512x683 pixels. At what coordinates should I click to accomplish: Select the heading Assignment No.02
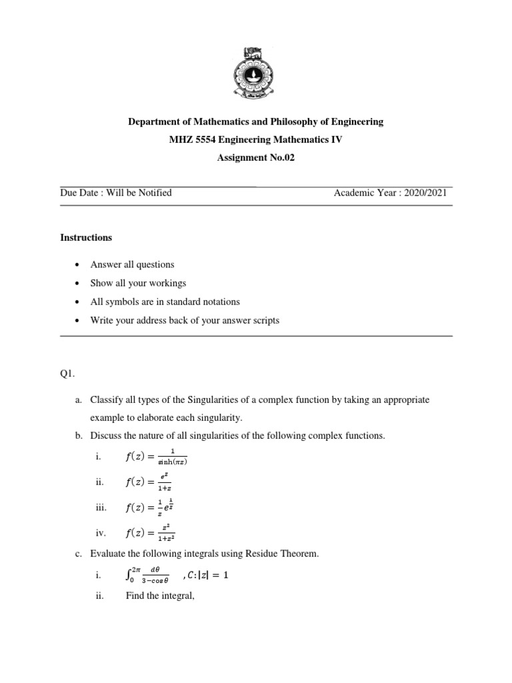tap(256, 157)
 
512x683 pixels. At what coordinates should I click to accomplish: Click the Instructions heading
tap(86, 237)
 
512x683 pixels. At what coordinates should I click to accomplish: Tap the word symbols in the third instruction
tap(125, 301)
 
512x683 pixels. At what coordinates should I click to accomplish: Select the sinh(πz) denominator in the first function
tap(172, 462)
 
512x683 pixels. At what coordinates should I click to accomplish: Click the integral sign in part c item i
tap(129, 576)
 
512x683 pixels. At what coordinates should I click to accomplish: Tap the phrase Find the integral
tap(156, 596)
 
